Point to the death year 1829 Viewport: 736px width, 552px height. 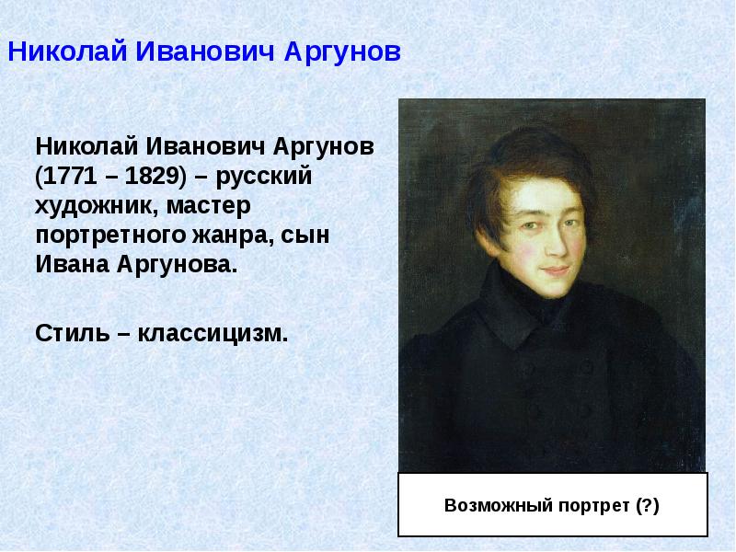click(147, 176)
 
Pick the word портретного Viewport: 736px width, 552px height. click(111, 236)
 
